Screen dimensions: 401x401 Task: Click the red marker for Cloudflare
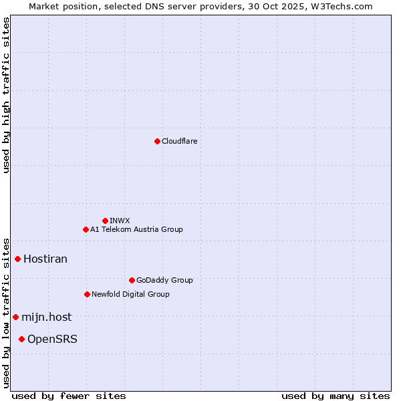(x=157, y=141)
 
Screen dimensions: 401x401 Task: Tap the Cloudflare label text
(x=179, y=141)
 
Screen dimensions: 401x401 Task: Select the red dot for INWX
(x=105, y=221)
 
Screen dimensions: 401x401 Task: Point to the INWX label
(x=120, y=221)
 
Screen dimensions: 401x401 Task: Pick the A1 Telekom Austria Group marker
(x=86, y=229)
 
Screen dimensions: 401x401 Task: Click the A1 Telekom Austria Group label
(x=136, y=229)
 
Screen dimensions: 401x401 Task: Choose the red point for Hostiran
(x=18, y=259)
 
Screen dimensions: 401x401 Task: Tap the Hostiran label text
(x=45, y=259)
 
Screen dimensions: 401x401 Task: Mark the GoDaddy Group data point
(x=132, y=280)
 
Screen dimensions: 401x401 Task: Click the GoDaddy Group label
(x=164, y=280)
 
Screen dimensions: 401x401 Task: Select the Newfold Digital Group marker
(x=87, y=294)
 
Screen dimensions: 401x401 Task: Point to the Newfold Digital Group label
(x=130, y=294)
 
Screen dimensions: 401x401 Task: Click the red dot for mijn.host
(x=15, y=317)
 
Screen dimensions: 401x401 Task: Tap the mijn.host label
(x=46, y=317)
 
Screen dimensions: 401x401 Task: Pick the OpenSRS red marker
(x=21, y=339)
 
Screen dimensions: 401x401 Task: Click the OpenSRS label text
(x=52, y=339)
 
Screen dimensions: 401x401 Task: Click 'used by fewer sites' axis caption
(x=69, y=396)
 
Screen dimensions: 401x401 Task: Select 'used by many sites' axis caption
(x=336, y=396)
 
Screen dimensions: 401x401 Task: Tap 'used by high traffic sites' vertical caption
(x=6, y=94)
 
